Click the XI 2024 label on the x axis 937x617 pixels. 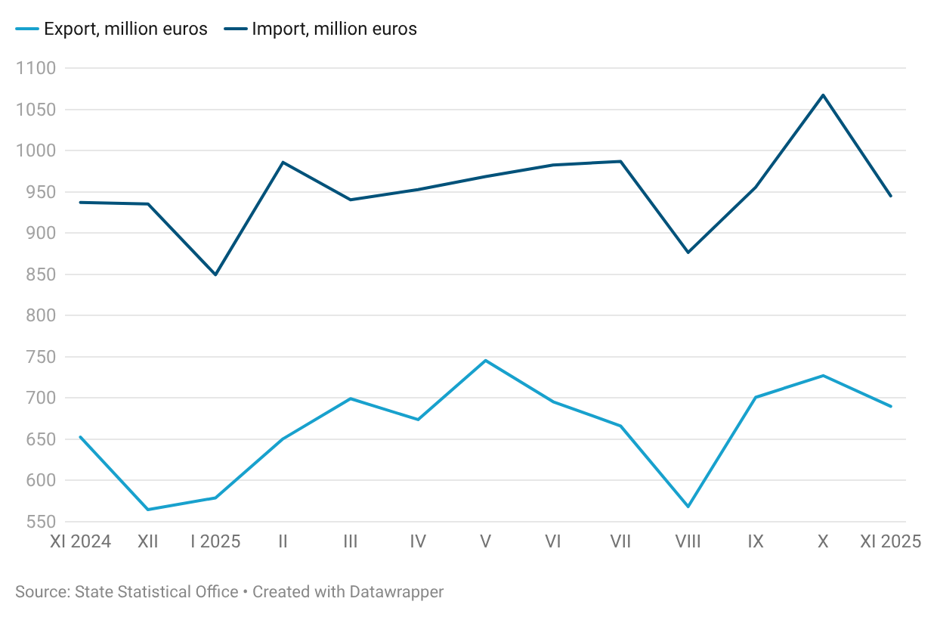click(80, 542)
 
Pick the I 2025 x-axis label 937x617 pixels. click(215, 542)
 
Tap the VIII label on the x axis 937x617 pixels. click(688, 542)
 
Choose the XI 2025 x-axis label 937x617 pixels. click(890, 542)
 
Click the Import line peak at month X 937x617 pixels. click(823, 95)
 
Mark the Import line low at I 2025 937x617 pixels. click(215, 274)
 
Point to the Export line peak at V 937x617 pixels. click(485, 360)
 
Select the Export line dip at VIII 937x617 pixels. click(688, 507)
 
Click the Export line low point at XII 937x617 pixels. click(148, 510)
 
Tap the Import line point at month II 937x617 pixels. click(283, 162)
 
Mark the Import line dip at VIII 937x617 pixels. click(688, 253)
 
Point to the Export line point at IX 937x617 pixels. click(756, 397)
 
